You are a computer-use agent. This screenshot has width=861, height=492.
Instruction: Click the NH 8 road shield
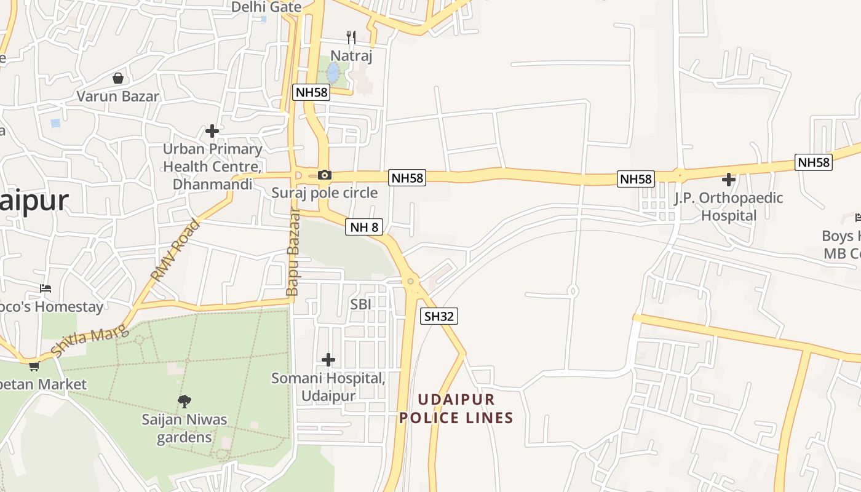pos(364,227)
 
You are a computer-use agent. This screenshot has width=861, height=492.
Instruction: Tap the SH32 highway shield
pos(439,316)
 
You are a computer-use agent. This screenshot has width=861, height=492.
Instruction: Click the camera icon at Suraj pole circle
pos(325,175)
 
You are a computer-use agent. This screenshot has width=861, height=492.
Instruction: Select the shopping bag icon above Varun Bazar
pos(118,78)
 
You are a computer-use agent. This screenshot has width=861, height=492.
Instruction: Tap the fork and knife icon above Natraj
pos(351,38)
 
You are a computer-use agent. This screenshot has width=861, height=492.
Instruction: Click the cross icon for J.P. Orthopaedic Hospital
pos(729,180)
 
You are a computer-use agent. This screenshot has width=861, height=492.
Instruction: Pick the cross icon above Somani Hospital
pos(328,359)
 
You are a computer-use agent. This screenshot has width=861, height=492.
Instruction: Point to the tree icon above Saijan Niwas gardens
pos(184,402)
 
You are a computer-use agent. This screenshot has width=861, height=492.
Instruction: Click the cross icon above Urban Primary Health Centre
pos(212,131)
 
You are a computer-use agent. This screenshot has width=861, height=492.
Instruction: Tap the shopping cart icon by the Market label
pos(34,367)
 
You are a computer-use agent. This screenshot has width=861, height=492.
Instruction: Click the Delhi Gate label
pos(266,7)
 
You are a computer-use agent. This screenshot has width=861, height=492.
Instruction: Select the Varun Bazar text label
pos(117,97)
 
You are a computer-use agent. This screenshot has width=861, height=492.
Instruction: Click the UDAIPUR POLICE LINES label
pos(456,408)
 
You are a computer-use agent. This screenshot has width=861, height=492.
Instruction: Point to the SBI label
pos(362,304)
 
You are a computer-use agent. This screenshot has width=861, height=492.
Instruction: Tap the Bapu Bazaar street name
pos(293,252)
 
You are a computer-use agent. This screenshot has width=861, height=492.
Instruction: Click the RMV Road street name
pos(177,250)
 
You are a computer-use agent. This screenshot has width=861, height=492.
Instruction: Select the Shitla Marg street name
pos(90,342)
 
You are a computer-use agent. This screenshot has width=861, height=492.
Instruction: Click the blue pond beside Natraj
pos(333,73)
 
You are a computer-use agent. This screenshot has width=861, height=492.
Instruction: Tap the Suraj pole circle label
pos(325,192)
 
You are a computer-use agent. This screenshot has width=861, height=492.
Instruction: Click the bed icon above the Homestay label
pos(45,288)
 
